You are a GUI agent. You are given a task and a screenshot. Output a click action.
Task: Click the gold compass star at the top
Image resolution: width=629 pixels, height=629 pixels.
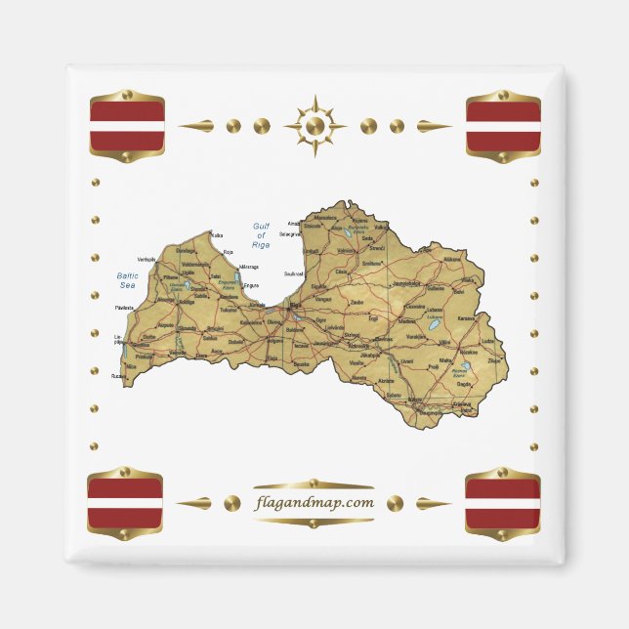pyautogui.click(x=314, y=126)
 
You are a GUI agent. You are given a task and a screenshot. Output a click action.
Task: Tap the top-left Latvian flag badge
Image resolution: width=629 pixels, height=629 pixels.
pyautogui.click(x=127, y=125)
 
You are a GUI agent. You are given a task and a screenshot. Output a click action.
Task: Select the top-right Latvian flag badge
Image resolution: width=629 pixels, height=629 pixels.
pyautogui.click(x=503, y=126)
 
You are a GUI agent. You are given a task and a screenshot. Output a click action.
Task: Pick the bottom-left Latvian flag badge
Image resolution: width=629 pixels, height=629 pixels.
pyautogui.click(x=125, y=503)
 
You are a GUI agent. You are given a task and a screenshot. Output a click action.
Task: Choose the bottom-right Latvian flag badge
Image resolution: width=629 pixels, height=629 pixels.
pyautogui.click(x=503, y=503)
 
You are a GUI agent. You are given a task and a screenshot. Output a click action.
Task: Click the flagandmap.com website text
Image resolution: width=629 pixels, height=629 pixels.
pyautogui.click(x=314, y=503)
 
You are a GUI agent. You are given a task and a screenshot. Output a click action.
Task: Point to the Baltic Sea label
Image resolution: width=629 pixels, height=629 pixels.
pyautogui.click(x=127, y=280)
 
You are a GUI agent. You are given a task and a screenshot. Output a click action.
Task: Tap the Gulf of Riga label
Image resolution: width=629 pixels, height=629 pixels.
pyautogui.click(x=261, y=235)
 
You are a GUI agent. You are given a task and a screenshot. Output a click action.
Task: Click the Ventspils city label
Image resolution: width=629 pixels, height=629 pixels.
pyautogui.click(x=147, y=259)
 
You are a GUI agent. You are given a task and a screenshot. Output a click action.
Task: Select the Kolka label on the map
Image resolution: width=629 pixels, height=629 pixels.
pyautogui.click(x=217, y=235)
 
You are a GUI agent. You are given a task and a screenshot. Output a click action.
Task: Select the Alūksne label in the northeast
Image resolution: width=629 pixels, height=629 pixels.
pyautogui.click(x=452, y=260)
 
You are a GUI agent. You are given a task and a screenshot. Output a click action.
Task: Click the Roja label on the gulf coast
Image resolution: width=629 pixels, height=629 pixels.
pyautogui.click(x=228, y=252)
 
